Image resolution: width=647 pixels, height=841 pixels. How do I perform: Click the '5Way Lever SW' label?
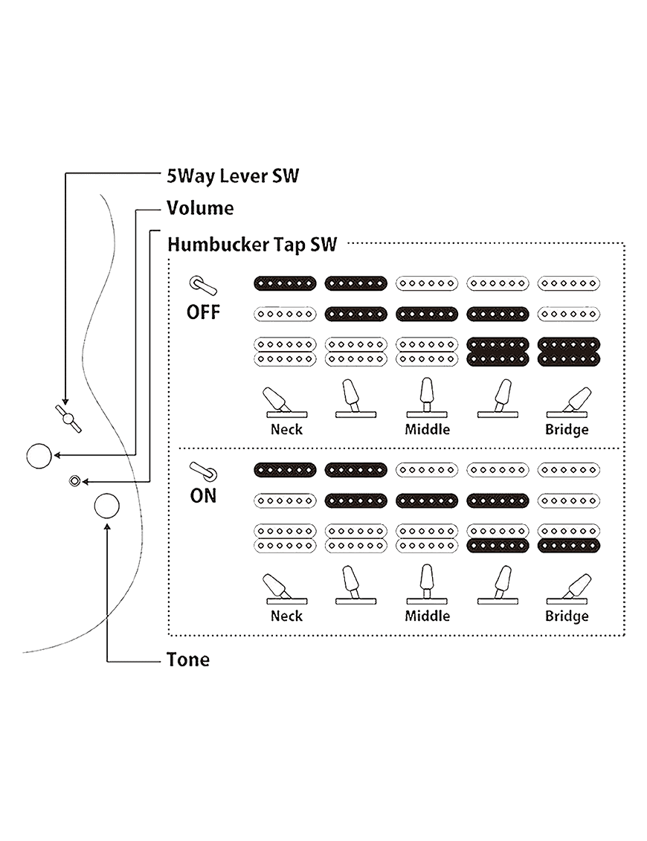click(232, 176)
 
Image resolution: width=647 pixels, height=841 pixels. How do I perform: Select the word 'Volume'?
click(200, 208)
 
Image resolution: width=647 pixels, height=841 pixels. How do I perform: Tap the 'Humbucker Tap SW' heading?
click(252, 244)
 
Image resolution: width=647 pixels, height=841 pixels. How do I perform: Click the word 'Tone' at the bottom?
click(188, 660)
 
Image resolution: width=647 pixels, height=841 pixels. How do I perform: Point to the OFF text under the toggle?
click(203, 311)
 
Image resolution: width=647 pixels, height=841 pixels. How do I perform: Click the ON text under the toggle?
click(203, 495)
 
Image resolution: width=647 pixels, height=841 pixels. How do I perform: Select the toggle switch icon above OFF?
click(202, 286)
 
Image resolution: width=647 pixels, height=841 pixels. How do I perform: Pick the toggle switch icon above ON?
click(202, 471)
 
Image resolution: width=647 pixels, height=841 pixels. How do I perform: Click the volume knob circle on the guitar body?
click(39, 456)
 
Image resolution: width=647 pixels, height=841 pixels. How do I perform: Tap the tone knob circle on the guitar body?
click(106, 506)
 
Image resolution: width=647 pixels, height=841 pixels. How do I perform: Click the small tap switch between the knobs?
click(74, 481)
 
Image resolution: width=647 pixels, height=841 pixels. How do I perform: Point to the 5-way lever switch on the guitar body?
click(69, 419)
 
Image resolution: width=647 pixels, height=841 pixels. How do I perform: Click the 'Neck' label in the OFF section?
click(286, 430)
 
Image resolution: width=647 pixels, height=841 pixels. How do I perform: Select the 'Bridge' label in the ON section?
click(567, 616)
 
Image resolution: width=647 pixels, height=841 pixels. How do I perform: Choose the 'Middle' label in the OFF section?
click(428, 430)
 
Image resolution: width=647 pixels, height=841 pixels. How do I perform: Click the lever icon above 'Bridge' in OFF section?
click(570, 402)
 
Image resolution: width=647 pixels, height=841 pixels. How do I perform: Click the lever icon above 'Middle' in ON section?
click(427, 586)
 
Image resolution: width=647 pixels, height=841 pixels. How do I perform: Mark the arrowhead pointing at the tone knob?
click(108, 526)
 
